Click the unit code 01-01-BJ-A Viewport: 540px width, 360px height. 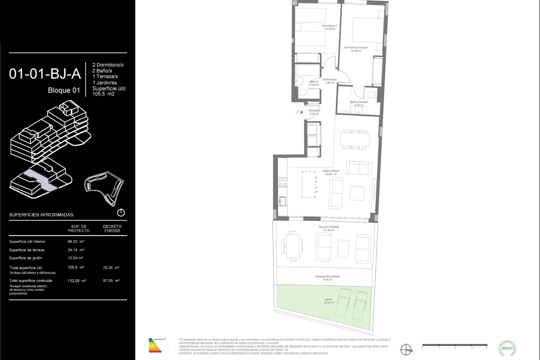pyautogui.click(x=45, y=74)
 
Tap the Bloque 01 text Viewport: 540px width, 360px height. pyautogui.click(x=64, y=90)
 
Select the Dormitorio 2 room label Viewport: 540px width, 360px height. pyautogui.click(x=330, y=27)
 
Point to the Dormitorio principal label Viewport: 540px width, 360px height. pyautogui.click(x=356, y=49)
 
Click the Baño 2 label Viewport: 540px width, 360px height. pyautogui.click(x=314, y=83)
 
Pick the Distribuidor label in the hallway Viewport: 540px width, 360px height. pyautogui.click(x=329, y=81)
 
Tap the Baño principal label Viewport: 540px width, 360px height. pyautogui.click(x=359, y=103)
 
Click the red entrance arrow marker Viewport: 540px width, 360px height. pyautogui.click(x=302, y=112)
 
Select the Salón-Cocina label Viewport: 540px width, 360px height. pyautogui.click(x=331, y=172)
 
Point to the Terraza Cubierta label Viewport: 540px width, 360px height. pyautogui.click(x=328, y=228)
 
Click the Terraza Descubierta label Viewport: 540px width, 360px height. pyautogui.click(x=327, y=278)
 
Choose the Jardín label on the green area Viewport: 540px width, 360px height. pyautogui.click(x=328, y=301)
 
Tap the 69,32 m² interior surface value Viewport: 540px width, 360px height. pyautogui.click(x=76, y=241)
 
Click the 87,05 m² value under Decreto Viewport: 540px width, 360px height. pyautogui.click(x=111, y=281)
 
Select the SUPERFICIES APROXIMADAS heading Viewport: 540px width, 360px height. pyautogui.click(x=42, y=215)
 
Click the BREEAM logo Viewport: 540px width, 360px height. pyautogui.click(x=507, y=348)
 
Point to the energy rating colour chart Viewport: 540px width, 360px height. pyautogui.click(x=155, y=346)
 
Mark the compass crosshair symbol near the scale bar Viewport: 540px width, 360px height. pyautogui.click(x=406, y=350)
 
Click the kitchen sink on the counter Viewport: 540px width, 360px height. pyautogui.click(x=282, y=201)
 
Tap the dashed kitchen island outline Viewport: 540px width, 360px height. pyautogui.click(x=308, y=184)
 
